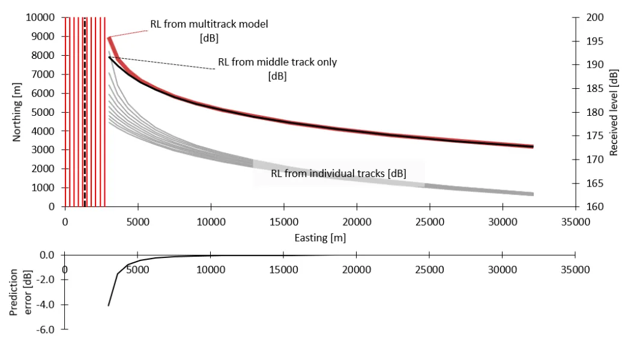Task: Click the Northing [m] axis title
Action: pyautogui.click(x=17, y=112)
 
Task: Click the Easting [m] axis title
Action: pyautogui.click(x=320, y=238)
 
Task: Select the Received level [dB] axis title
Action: pyautogui.click(x=614, y=112)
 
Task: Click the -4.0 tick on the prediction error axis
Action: pyautogui.click(x=47, y=305)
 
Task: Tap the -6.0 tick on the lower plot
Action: pyautogui.click(x=47, y=330)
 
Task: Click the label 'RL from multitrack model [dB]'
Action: pyautogui.click(x=208, y=31)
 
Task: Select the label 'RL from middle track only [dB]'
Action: pyautogui.click(x=277, y=68)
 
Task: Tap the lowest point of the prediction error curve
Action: pyautogui.click(x=109, y=305)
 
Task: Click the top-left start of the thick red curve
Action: pyautogui.click(x=109, y=38)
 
